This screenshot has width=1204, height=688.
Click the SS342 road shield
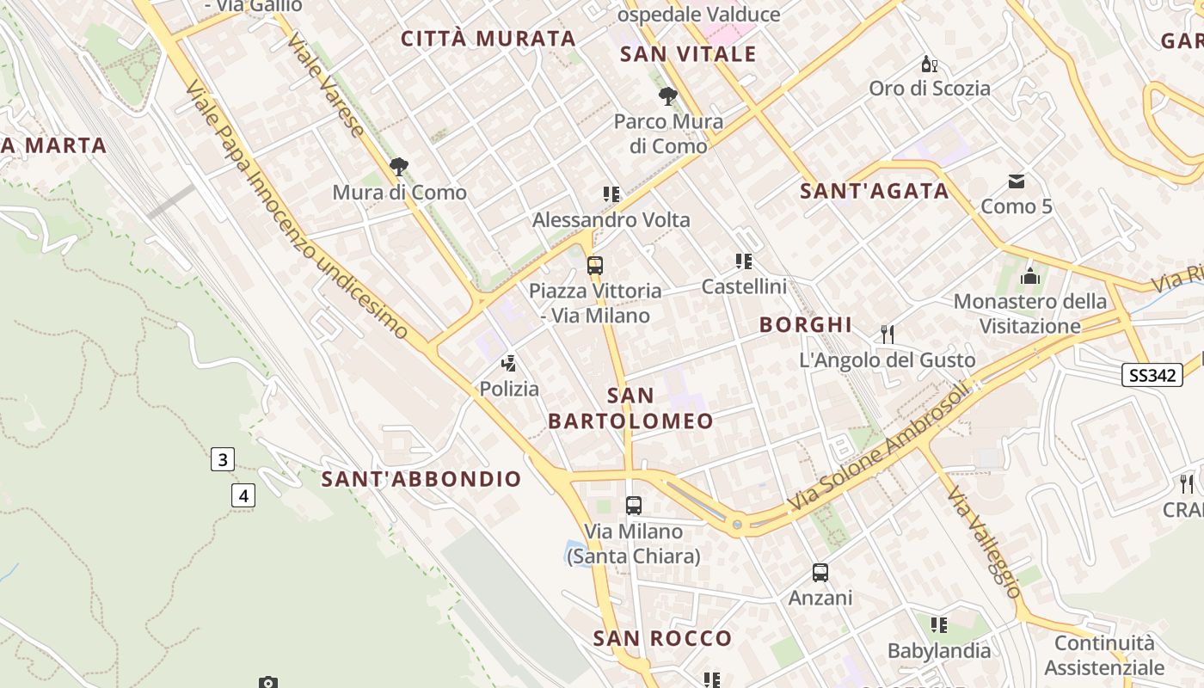[x=1152, y=375]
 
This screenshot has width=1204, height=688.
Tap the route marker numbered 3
[x=223, y=459]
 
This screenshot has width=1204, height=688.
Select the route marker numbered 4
[x=244, y=495]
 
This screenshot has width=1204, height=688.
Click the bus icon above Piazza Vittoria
[x=595, y=265]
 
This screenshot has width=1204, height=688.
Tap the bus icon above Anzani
[x=820, y=572]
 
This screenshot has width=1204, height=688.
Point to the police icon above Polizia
[x=509, y=363]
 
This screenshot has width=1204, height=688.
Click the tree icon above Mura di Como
[x=399, y=167]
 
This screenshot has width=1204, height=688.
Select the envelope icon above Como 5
[x=1017, y=181]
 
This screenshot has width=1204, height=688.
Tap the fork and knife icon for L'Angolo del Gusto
[x=888, y=334]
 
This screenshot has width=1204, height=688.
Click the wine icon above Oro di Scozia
[x=929, y=63]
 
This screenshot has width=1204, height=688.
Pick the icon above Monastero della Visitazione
[x=1029, y=276]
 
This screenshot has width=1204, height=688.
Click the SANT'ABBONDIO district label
[x=421, y=479]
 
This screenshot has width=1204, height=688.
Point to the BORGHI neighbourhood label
[x=806, y=324]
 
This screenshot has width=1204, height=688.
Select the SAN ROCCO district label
[x=662, y=638]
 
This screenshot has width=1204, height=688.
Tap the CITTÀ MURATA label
[x=488, y=38]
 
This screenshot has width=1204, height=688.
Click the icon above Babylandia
[x=939, y=625]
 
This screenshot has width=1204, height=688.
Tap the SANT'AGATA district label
[x=875, y=191]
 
